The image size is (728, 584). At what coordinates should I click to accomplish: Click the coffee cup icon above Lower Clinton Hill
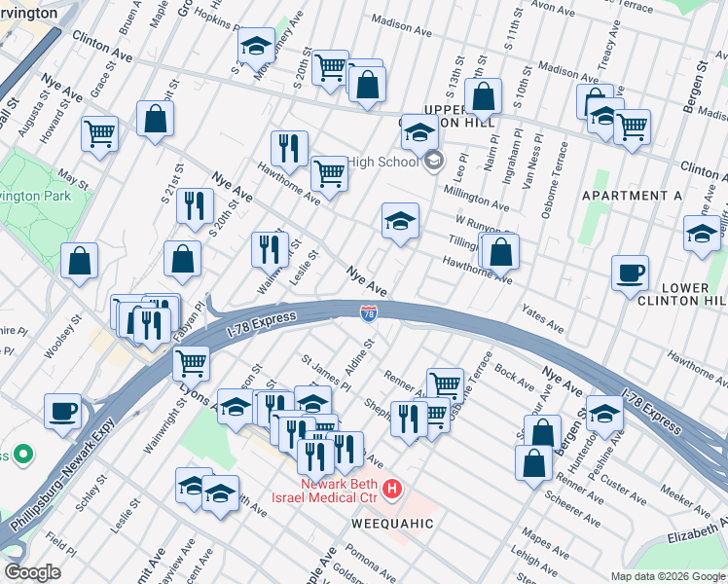[x=630, y=272]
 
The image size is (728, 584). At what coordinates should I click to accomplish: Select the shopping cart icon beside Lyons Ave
[x=191, y=362]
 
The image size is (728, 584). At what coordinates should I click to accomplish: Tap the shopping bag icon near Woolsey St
[x=79, y=260]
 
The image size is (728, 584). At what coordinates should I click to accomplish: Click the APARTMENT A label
[x=632, y=196]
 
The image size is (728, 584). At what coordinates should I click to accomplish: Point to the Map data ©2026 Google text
[x=668, y=576]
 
